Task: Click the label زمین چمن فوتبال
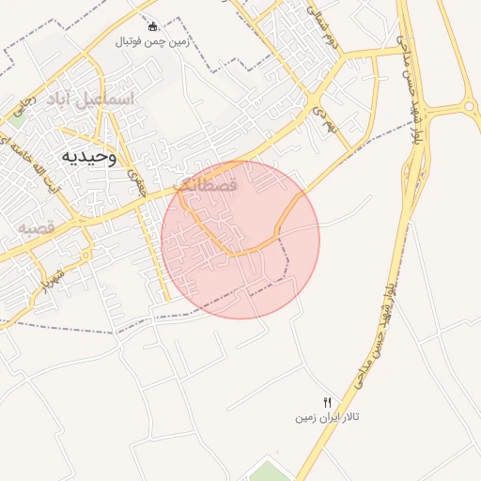152,42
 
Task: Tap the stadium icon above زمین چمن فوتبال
153,26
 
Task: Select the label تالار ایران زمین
329,415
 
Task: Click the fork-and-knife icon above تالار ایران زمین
327,402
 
